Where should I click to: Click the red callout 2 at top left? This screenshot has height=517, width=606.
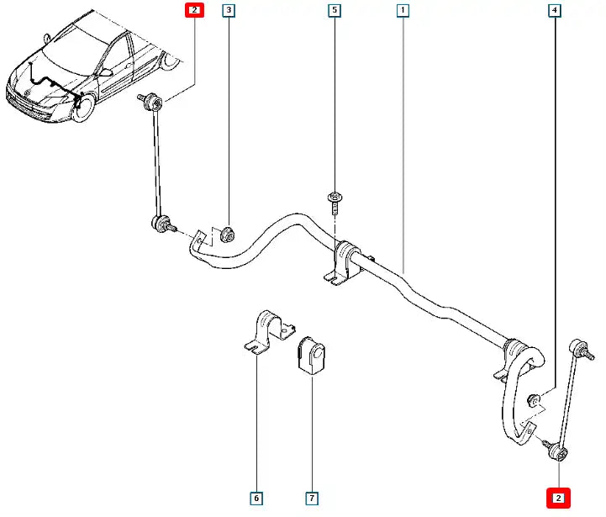click(x=194, y=10)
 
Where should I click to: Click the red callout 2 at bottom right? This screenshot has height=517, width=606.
click(x=558, y=499)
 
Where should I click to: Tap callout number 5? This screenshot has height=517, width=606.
click(x=335, y=10)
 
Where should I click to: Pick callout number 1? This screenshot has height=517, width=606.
click(x=403, y=10)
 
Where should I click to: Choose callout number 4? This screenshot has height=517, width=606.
click(x=555, y=10)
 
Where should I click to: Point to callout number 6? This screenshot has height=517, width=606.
click(x=256, y=499)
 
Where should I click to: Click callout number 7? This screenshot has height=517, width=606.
click(x=312, y=499)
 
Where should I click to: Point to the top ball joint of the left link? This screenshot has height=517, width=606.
click(x=153, y=102)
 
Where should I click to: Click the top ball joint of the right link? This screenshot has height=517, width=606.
click(x=577, y=346)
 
